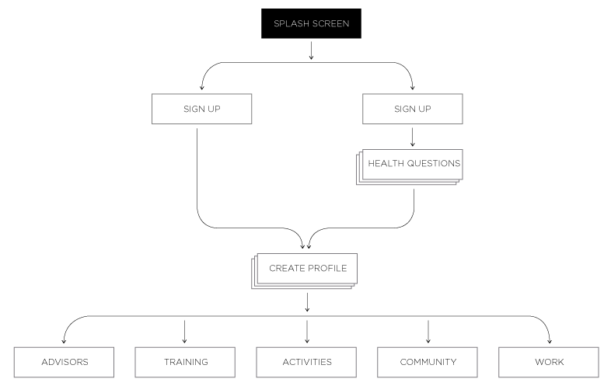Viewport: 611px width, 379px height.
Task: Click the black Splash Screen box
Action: point(311,23)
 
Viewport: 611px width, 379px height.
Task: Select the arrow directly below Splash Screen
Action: point(311,51)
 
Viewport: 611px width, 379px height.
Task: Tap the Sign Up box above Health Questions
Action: point(413,109)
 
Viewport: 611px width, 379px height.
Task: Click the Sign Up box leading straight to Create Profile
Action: point(201,109)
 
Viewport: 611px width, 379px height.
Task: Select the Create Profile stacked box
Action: point(307,269)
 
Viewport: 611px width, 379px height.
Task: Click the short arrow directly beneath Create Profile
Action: point(307,301)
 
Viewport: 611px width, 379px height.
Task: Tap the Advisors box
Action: point(65,362)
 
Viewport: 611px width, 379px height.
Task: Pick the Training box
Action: point(186,362)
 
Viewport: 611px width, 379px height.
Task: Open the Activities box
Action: point(307,362)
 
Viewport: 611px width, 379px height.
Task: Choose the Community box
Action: point(428,362)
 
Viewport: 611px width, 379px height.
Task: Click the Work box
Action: point(549,362)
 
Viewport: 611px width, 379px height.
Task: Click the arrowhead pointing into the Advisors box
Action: point(64,341)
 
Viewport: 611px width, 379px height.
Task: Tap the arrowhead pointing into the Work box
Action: point(550,341)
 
